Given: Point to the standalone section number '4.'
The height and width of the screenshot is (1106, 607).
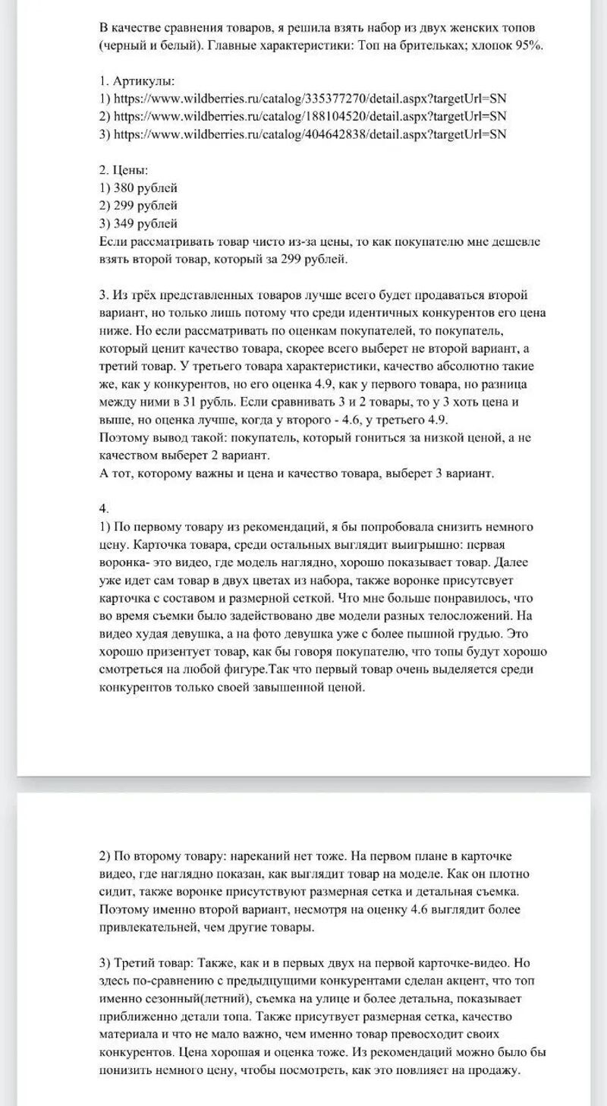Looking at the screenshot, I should pos(105,508).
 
